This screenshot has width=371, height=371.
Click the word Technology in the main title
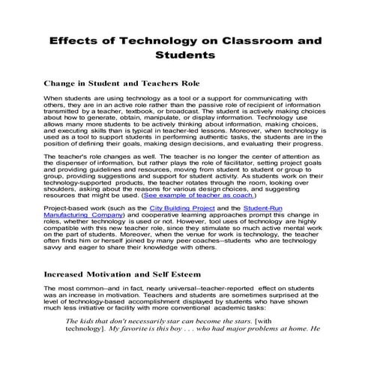[176, 37]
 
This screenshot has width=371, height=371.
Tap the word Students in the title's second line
[186, 55]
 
